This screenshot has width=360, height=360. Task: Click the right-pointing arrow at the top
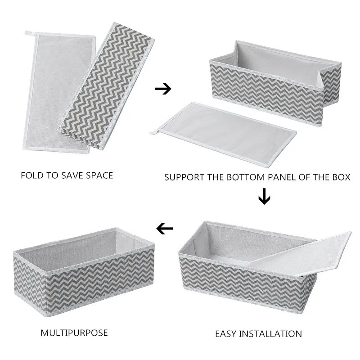pos(163,89)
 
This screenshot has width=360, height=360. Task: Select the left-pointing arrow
pos(165,229)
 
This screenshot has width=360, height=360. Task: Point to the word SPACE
pos(99,175)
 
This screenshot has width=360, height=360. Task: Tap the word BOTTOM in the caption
pos(245,177)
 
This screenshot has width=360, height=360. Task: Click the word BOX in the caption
pos(340,177)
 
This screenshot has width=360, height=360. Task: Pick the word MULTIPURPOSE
pos(75,333)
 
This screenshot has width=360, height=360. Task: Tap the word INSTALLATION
pos(274,333)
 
